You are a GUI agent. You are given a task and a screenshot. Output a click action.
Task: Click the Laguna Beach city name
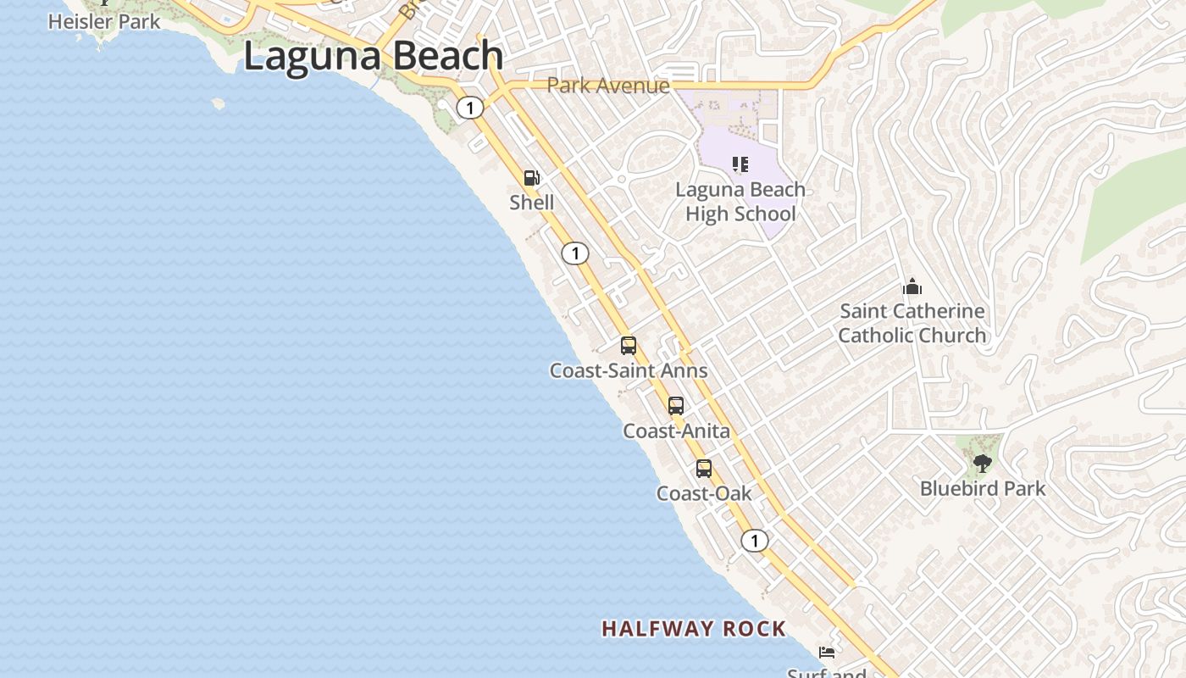374,57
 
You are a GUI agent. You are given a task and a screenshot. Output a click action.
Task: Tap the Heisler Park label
103,21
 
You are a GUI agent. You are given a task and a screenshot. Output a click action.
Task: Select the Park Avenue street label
607,86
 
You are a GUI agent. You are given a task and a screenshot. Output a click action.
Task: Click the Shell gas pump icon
532,178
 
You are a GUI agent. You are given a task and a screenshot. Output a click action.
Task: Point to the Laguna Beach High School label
740,202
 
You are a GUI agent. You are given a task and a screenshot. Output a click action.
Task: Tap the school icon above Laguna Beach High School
740,164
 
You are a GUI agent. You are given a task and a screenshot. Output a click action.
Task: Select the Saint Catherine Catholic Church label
912,323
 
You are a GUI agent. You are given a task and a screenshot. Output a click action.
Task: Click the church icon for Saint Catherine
912,286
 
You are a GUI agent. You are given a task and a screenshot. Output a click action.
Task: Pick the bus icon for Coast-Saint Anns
629,346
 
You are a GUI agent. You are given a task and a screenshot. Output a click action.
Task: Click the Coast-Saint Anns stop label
629,370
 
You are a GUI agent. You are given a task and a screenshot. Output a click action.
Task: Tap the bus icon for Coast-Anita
676,406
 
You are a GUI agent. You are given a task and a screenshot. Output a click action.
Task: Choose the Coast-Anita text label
676,431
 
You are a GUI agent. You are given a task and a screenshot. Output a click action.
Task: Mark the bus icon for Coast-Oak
704,469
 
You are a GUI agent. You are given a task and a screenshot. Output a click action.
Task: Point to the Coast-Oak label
704,493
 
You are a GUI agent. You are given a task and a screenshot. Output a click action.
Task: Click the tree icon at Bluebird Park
982,464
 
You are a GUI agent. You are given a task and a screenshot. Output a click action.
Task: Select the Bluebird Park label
983,489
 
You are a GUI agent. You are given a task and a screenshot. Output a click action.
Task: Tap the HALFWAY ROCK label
694,629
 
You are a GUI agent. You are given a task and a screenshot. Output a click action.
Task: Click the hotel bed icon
827,653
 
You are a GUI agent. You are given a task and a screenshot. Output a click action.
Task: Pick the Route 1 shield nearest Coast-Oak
754,541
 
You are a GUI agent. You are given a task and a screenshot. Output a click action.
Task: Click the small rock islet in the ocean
218,103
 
